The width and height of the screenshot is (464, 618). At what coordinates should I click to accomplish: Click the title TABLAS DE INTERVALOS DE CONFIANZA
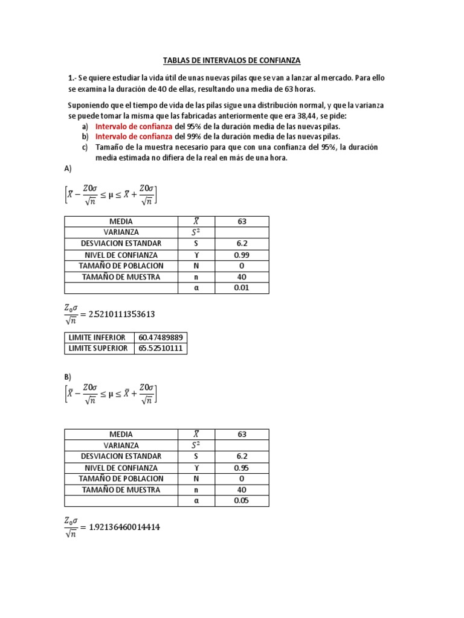pos(231,60)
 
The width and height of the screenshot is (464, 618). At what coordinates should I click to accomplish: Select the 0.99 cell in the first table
pos(242,255)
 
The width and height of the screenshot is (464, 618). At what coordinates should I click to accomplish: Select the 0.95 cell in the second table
pos(242,468)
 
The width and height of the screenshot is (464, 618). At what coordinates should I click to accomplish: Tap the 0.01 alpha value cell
pos(242,288)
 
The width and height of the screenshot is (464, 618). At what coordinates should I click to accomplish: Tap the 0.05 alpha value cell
pos(242,501)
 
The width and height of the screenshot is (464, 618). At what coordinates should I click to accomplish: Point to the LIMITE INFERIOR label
pos(97,337)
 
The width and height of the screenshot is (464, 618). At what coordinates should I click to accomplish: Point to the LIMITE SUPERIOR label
pos(98,348)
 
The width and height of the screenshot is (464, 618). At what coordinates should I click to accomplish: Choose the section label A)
pos(68,170)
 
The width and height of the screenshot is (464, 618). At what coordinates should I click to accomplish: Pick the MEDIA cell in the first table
pos(121,221)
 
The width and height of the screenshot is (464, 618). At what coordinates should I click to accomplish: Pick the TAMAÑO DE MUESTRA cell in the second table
pos(121,489)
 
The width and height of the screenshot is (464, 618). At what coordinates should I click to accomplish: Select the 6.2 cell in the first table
pos(242,243)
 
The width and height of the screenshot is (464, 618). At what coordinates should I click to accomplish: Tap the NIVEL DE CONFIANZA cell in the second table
pos(121,468)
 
